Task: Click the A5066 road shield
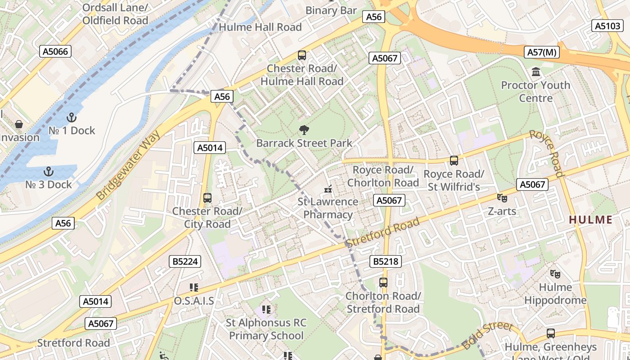[55, 51]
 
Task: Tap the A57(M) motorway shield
[542, 52]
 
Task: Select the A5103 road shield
[607, 26]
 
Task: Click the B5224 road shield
[185, 261]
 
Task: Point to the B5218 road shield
[386, 261]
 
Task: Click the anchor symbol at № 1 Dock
[71, 117]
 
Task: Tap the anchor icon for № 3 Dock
[48, 171]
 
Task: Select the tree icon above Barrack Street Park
[304, 130]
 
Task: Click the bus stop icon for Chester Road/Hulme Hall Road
[302, 55]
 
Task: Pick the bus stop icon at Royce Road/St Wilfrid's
[454, 161]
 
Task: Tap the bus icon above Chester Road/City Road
[207, 198]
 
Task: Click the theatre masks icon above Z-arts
[502, 198]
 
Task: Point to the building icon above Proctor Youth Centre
[535, 72]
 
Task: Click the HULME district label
[590, 220]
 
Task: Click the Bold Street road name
[487, 335]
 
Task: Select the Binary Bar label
[331, 10]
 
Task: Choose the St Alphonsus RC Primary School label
[266, 329]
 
